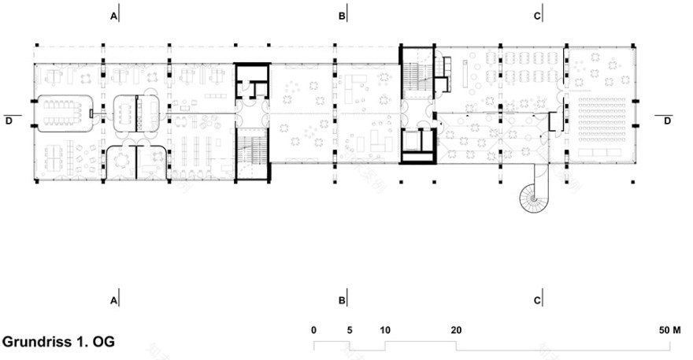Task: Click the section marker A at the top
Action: [x=114, y=16]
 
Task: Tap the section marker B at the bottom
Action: [x=342, y=300]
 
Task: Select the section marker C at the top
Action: [x=537, y=16]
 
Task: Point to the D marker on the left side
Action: [x=9, y=121]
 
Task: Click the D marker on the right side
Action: [x=668, y=121]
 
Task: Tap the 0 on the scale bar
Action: [x=313, y=329]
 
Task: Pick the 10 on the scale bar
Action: [x=385, y=329]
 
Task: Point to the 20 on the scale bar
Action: [x=456, y=329]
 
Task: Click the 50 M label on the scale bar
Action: [x=672, y=329]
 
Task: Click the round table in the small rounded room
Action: [x=122, y=160]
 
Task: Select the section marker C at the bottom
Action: [x=537, y=300]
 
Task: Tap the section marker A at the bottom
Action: [x=114, y=300]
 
